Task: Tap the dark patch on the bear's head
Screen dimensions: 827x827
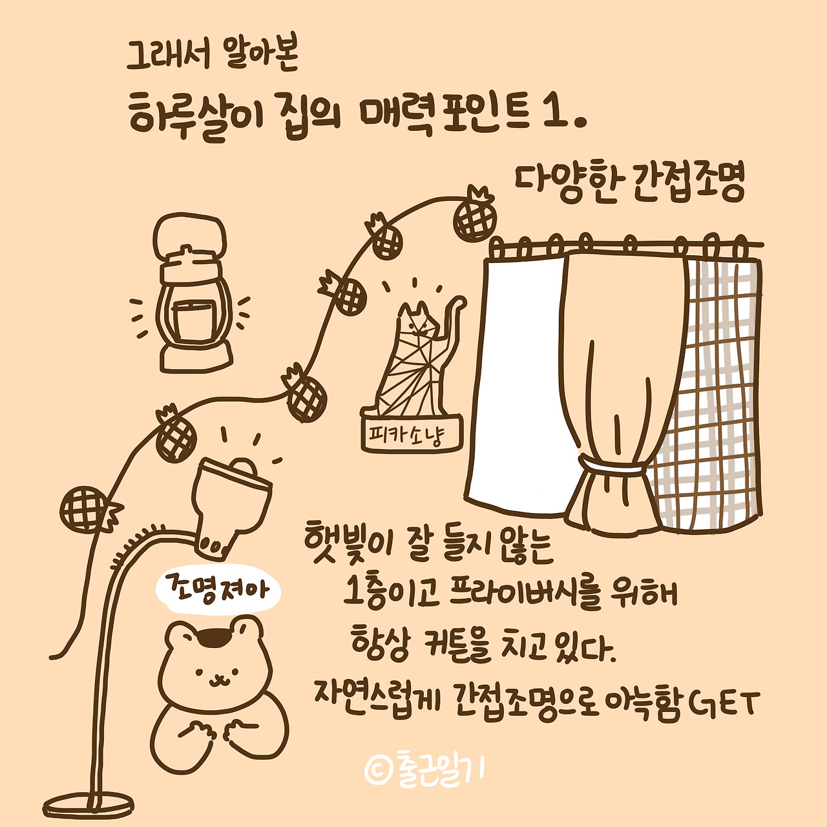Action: click(215, 637)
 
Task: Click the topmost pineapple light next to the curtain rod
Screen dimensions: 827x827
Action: click(475, 217)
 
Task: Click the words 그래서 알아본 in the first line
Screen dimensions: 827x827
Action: click(212, 56)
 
